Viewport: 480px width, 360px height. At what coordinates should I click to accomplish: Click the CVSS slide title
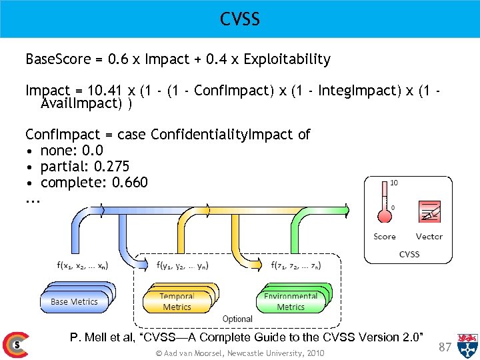pyautogui.click(x=240, y=19)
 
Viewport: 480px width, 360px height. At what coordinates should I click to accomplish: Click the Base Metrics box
pyautogui.click(x=74, y=301)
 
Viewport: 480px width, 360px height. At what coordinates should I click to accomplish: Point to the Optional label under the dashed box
pyautogui.click(x=237, y=319)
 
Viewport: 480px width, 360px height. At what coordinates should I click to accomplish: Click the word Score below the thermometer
pyautogui.click(x=385, y=237)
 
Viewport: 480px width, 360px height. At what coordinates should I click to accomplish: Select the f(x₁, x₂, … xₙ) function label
pyautogui.click(x=83, y=265)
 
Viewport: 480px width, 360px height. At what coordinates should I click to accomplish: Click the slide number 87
pyautogui.click(x=446, y=347)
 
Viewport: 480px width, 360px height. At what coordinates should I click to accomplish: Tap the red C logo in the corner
pyautogui.click(x=15, y=345)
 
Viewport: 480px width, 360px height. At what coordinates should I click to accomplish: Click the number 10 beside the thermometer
pyautogui.click(x=394, y=183)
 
